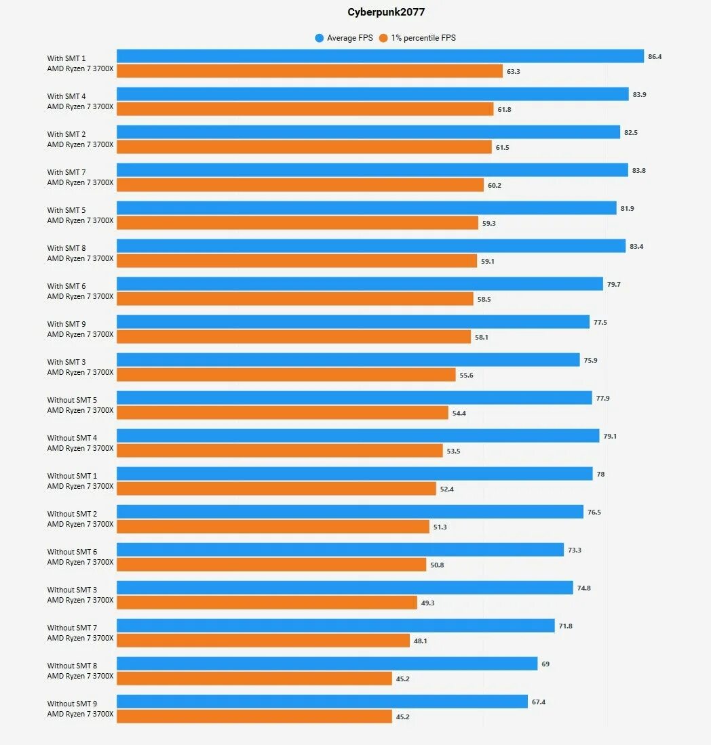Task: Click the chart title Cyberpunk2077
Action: tap(386, 12)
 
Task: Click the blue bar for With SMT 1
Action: tap(380, 56)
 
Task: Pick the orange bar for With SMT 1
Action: tap(309, 71)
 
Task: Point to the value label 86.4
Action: tap(655, 57)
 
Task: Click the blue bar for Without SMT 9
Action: tap(322, 702)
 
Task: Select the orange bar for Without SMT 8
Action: tap(254, 679)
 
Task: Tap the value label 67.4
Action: tap(539, 702)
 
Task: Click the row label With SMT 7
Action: tap(66, 172)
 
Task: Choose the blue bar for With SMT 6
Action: tap(360, 284)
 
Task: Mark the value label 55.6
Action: tap(466, 376)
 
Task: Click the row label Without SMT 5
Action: tap(72, 400)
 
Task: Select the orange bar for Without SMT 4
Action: tap(280, 451)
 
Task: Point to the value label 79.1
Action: tap(610, 437)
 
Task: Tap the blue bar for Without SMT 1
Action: tap(355, 474)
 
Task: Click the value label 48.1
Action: tap(421, 641)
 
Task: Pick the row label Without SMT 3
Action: tap(72, 590)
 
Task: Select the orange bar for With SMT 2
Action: tap(304, 147)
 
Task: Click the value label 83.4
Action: tap(636, 247)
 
